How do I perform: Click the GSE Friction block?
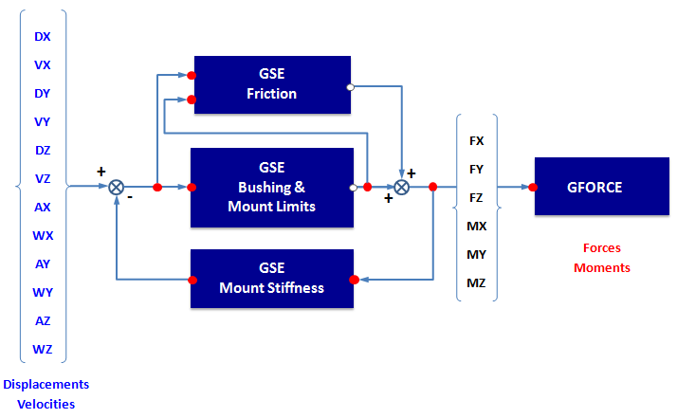tap(272, 85)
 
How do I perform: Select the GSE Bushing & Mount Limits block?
tap(272, 188)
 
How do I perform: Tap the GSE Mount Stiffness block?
tap(272, 279)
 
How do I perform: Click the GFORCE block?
tap(595, 188)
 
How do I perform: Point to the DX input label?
tap(43, 37)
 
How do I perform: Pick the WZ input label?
tap(43, 350)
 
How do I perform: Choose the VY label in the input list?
tap(43, 122)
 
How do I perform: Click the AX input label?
tap(43, 208)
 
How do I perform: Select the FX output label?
tap(477, 140)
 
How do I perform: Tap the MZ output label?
tap(477, 282)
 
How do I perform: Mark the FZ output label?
tap(477, 197)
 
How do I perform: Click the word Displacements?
tap(46, 384)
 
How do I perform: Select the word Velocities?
tap(46, 404)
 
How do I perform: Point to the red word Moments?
tap(601, 267)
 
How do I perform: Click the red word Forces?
tap(601, 248)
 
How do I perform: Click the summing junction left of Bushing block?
tap(117, 188)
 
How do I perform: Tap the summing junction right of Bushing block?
tap(401, 188)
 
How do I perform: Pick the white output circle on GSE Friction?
tap(351, 87)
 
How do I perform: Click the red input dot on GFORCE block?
tap(534, 188)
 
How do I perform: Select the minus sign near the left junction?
tap(129, 199)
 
